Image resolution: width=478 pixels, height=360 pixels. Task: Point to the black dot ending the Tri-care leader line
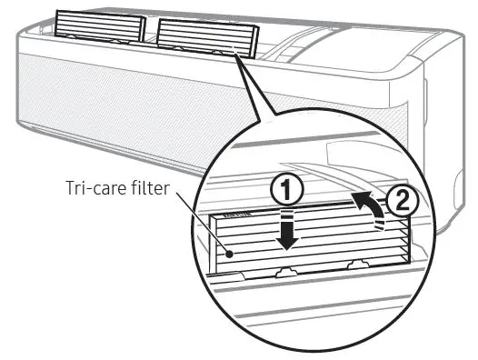click(x=233, y=255)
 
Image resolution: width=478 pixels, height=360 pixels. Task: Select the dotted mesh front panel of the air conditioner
click(x=136, y=100)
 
